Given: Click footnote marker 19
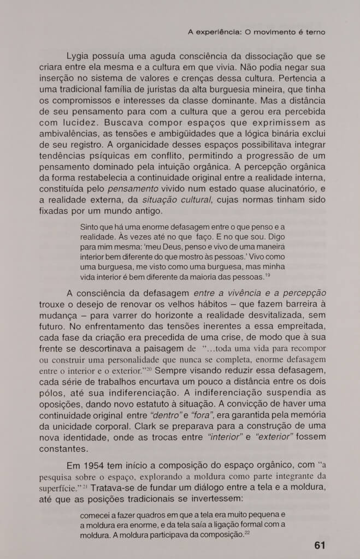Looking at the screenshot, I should [268, 275].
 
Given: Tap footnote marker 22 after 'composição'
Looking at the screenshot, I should [247, 532].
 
